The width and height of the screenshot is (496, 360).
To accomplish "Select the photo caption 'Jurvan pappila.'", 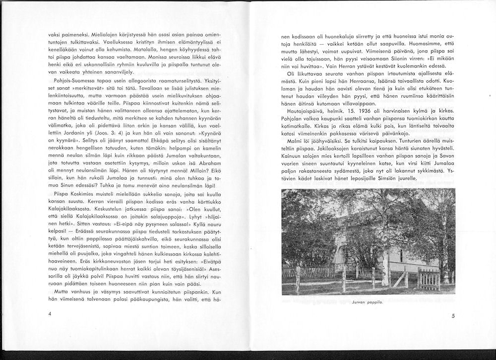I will (368, 307).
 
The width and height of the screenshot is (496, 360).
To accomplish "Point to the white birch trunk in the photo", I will (385, 248).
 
